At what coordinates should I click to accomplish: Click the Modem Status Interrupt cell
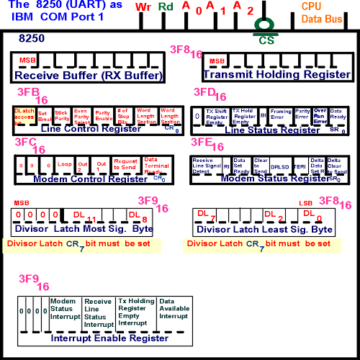tap(64, 310)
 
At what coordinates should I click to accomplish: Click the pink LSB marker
tap(305, 204)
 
